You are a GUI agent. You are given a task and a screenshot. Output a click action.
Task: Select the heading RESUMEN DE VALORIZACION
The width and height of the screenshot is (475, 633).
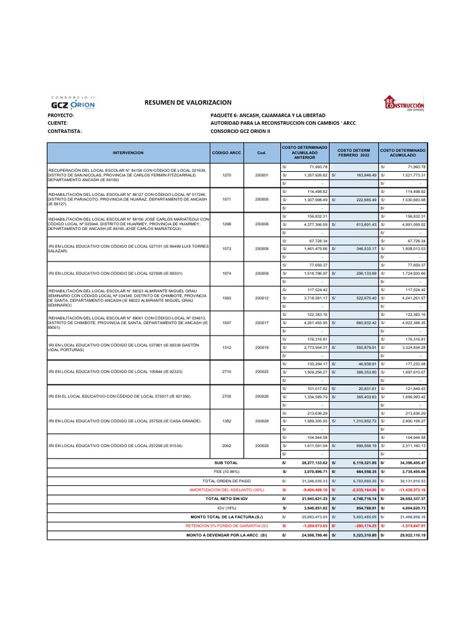coord(187,102)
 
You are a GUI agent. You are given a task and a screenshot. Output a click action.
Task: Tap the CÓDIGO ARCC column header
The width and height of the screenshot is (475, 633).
coord(226,151)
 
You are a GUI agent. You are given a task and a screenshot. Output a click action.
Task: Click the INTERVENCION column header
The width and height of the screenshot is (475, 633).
coord(128,151)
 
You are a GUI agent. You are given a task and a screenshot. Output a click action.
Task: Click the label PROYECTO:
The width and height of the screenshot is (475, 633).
coord(61,116)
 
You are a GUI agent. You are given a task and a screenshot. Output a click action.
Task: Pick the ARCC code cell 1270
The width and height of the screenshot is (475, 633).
coord(226,175)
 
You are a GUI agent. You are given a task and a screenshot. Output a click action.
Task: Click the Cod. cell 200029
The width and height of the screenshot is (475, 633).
coord(262,445)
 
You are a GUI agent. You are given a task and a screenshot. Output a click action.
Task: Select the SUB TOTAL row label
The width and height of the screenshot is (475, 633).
coord(226,462)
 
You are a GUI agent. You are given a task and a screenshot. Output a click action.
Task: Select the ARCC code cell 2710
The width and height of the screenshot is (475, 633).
coord(226,371)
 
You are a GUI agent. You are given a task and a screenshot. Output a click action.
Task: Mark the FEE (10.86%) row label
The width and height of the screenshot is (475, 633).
coord(226,471)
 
